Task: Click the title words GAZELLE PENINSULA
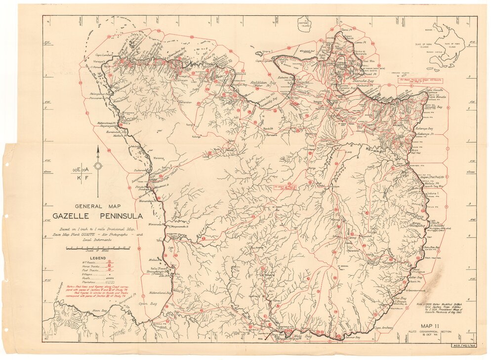[98, 216]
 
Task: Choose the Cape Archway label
[383, 327]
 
